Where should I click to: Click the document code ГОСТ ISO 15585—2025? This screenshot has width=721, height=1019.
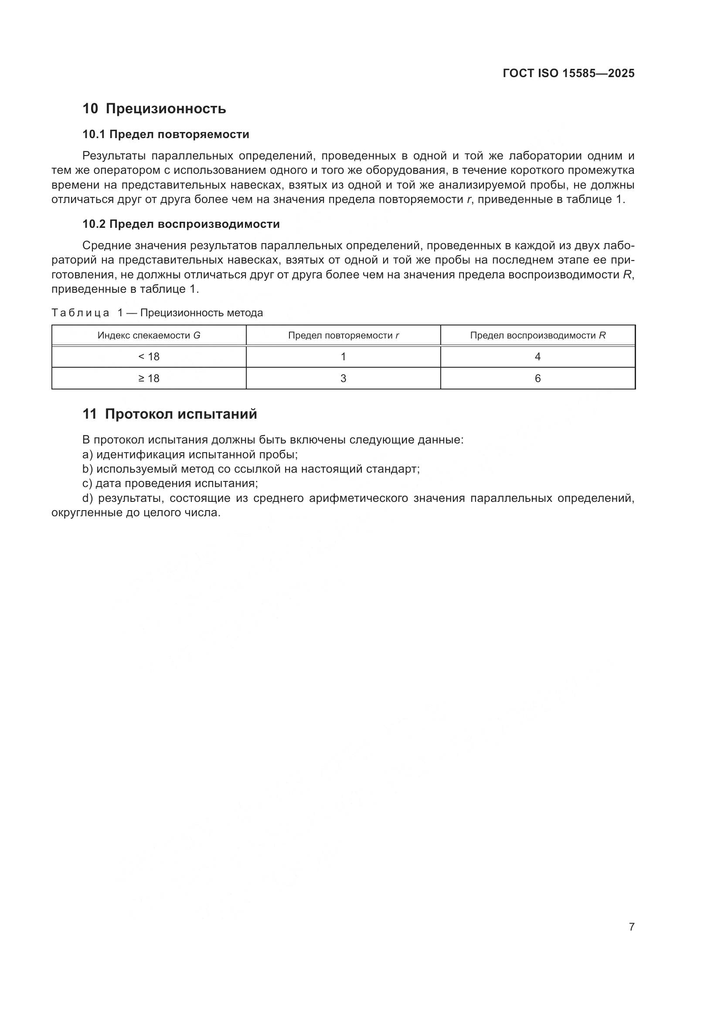point(568,73)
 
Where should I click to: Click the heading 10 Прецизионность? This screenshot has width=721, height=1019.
point(154,108)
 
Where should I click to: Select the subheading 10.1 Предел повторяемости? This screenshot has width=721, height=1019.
point(166,134)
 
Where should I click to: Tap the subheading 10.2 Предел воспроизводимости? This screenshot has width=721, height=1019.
point(181,224)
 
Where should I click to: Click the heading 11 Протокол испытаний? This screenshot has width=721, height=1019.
point(170,414)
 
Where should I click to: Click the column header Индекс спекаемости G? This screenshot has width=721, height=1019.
point(149,335)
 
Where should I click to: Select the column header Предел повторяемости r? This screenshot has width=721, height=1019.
point(343,335)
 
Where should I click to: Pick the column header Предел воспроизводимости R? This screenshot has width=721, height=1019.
point(537,335)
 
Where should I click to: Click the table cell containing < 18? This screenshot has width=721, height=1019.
point(149,357)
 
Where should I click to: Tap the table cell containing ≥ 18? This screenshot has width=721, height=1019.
point(149,379)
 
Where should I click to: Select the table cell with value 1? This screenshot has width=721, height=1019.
point(343,357)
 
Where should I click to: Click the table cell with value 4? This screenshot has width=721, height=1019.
point(537,357)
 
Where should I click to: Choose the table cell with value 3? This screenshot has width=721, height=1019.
point(343,379)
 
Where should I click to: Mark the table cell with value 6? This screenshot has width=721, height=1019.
point(537,379)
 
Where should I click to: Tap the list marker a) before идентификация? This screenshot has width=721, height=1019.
point(88,454)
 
